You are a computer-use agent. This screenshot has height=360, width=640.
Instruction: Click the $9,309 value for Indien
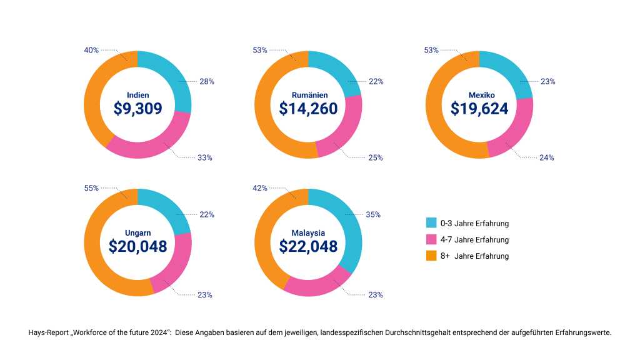137,108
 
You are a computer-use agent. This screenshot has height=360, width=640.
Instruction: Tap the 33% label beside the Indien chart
204,157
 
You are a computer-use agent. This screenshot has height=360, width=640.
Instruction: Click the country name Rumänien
308,95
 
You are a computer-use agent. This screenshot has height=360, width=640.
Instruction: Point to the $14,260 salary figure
308,108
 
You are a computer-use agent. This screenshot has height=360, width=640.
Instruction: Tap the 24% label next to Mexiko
546,157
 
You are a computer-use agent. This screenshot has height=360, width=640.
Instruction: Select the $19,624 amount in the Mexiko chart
479,108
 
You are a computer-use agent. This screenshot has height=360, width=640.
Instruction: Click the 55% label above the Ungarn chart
91,188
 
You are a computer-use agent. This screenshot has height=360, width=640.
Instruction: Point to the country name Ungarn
137,233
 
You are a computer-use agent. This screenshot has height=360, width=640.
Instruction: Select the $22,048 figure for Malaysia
308,246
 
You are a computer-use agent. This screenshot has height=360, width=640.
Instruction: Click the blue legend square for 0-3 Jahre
431,223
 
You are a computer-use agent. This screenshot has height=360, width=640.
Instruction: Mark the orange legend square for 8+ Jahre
431,256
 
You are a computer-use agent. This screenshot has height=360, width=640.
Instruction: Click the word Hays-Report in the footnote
48,332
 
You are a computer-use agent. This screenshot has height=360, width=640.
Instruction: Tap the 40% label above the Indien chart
91,50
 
